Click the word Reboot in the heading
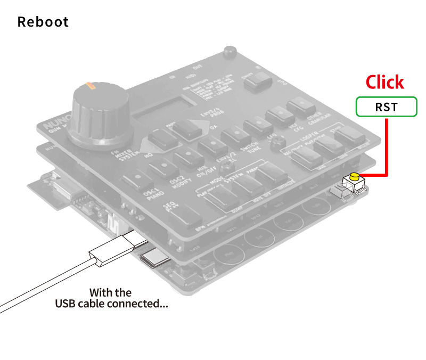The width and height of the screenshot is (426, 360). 43,22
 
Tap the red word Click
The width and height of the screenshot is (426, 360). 384,82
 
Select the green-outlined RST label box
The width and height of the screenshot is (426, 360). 386,107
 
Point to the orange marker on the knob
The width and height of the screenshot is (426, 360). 89,85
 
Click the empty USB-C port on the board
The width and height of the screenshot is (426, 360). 155,259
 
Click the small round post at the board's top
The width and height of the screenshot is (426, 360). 230,53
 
